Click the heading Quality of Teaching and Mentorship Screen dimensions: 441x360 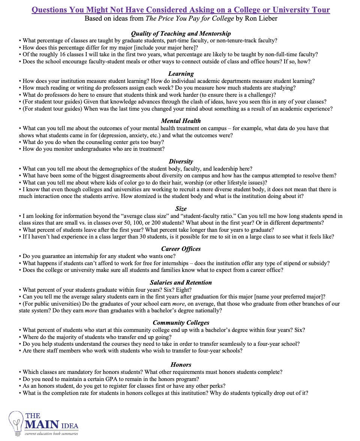(x=181, y=34)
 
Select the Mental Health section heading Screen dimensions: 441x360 (x=181, y=121)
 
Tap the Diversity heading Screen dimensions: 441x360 (x=181, y=162)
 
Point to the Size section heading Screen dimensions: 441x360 (x=181, y=208)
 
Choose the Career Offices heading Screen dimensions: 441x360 (x=181, y=249)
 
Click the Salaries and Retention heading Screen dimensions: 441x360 (x=181, y=283)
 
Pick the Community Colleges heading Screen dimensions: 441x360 (x=181, y=323)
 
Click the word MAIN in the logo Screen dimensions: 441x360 (x=42, y=425)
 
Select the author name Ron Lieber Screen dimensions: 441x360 (x=261, y=18)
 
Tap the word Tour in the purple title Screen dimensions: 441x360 (x=320, y=10)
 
